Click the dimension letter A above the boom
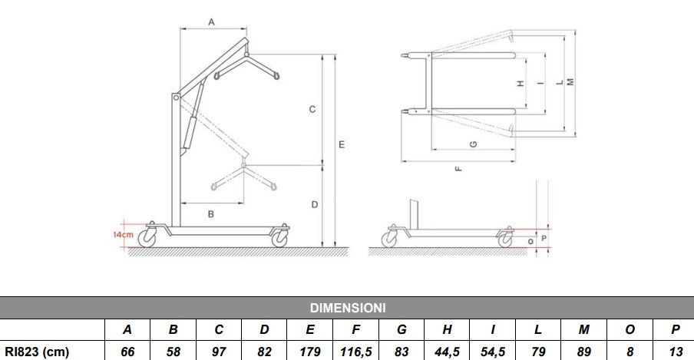212,22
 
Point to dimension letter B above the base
211,214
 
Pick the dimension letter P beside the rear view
544,238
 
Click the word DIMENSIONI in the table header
347,308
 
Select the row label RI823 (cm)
37,350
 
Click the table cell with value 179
311,350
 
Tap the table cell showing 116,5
356,350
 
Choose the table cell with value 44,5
448,350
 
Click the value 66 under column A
127,350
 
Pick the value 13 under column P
675,350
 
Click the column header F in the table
356,330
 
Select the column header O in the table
630,330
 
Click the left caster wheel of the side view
148,239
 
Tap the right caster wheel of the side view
280,239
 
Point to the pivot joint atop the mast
177,98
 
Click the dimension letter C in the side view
312,110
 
